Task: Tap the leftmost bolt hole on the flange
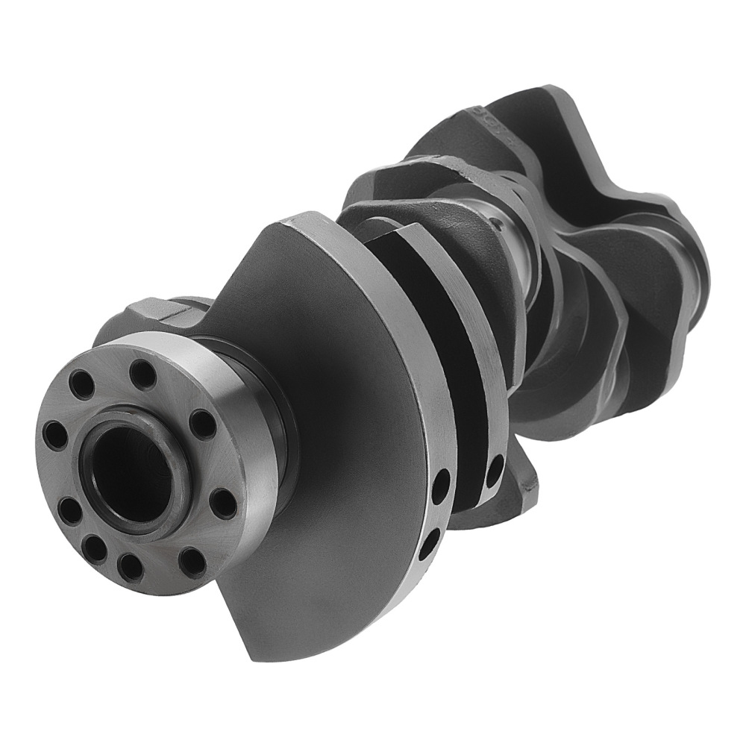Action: click(x=53, y=435)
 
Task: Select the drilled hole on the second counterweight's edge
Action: click(x=494, y=471)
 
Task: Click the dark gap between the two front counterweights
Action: click(x=448, y=358)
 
